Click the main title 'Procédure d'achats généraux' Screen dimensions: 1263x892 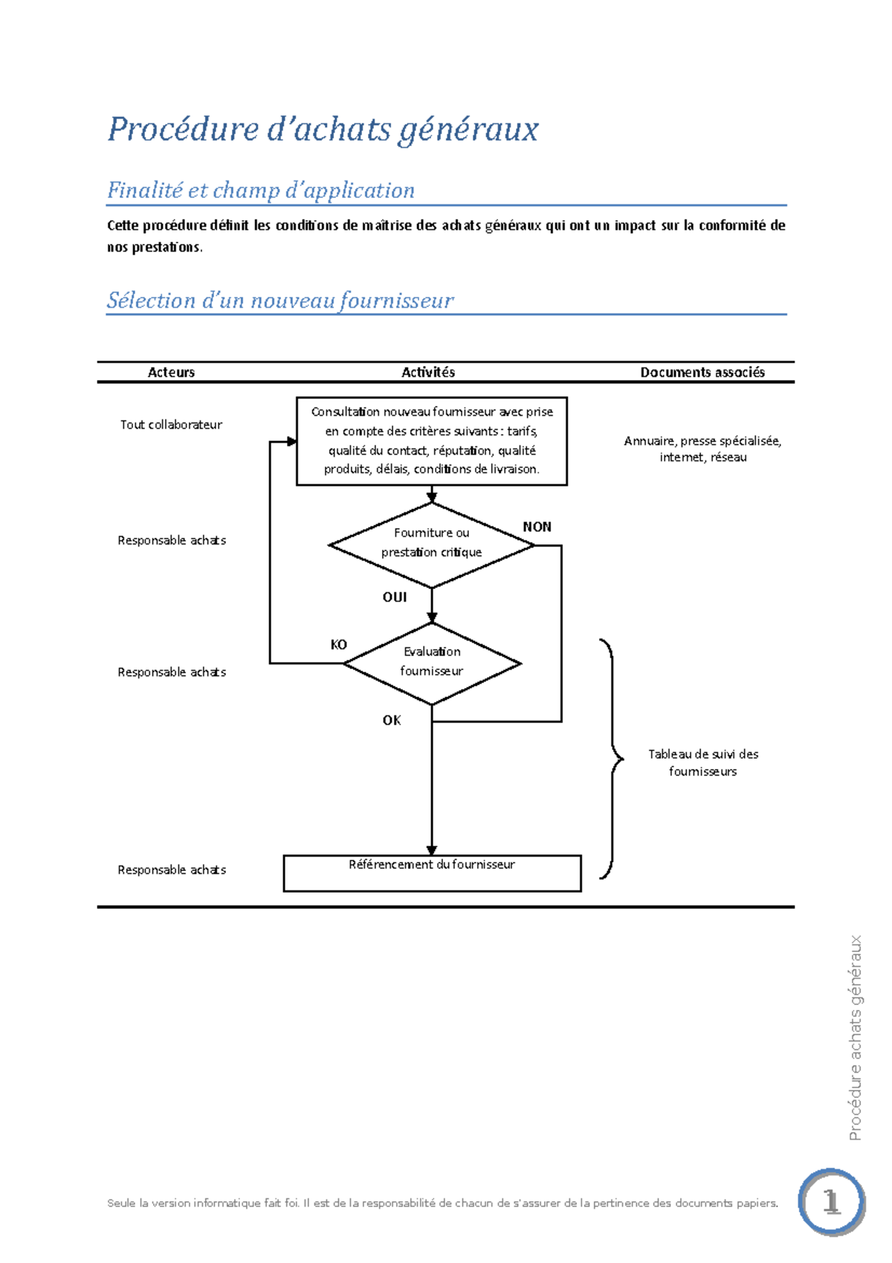click(x=323, y=129)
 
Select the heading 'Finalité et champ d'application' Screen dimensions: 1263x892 click(x=261, y=190)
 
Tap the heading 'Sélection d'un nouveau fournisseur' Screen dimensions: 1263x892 click(x=279, y=301)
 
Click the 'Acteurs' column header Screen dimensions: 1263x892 click(x=171, y=372)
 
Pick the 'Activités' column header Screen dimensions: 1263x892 click(x=428, y=372)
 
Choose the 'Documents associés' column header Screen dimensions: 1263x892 click(x=702, y=372)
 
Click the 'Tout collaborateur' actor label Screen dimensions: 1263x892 click(x=171, y=425)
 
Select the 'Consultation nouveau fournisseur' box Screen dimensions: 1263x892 click(x=432, y=441)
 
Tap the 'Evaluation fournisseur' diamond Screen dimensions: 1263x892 click(x=432, y=662)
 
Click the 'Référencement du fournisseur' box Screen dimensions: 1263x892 click(x=432, y=872)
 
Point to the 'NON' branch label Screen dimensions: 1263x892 click(x=537, y=527)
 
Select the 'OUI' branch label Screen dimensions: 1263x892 click(x=395, y=597)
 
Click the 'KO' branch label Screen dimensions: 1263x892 click(x=338, y=645)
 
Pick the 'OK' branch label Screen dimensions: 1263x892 click(x=392, y=720)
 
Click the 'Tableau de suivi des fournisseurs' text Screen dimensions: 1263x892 click(x=702, y=762)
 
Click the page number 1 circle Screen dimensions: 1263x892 click(x=831, y=1202)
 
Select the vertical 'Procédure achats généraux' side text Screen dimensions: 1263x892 click(x=855, y=1038)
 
